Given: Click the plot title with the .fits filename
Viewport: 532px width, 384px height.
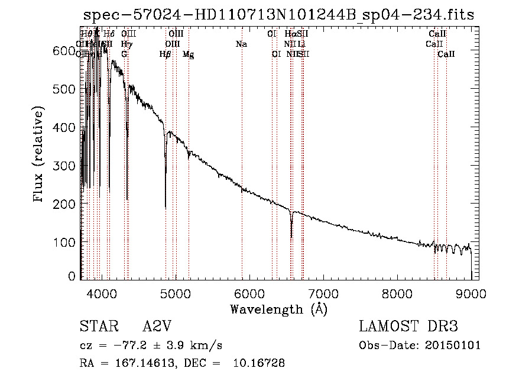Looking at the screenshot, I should pyautogui.click(x=278, y=15).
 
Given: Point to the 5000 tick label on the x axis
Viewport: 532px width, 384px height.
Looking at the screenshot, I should pyautogui.click(x=175, y=293).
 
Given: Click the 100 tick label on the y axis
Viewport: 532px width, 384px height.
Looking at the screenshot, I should pyautogui.click(x=65, y=243).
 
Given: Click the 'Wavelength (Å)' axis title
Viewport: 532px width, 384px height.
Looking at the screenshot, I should pyautogui.click(x=278, y=309).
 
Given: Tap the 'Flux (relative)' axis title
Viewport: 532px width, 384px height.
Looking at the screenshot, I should pyautogui.click(x=39, y=155).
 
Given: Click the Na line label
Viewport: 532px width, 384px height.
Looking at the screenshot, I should pyautogui.click(x=241, y=44).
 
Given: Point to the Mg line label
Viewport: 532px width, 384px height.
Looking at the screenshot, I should pyautogui.click(x=188, y=54).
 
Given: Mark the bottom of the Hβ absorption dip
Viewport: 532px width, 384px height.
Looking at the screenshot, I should pyautogui.click(x=166, y=207).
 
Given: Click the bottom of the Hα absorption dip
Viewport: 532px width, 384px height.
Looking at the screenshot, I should pyautogui.click(x=291, y=237).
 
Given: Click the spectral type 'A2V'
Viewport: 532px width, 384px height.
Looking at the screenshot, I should pyautogui.click(x=158, y=327).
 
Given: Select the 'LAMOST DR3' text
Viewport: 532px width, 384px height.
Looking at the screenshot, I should pyautogui.click(x=408, y=327).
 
